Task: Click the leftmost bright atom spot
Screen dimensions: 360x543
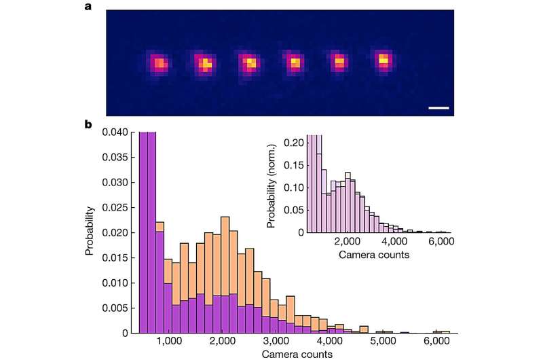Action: pos(160,64)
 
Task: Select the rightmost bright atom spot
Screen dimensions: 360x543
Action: pos(383,62)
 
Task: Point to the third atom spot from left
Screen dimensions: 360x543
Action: pos(249,64)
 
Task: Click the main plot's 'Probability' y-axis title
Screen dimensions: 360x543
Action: pos(89,233)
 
